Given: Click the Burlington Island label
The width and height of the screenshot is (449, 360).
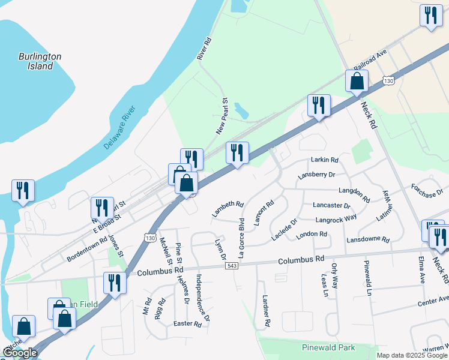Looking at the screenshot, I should [40, 61].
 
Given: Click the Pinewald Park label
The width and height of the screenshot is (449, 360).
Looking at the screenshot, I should [328, 347].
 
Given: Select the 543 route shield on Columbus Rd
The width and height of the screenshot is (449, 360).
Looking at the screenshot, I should [232, 266].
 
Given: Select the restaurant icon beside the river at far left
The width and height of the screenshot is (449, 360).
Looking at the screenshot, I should [23, 190].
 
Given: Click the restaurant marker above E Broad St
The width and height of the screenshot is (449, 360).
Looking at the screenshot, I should [102, 208].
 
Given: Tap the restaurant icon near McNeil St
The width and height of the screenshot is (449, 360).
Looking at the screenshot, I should [115, 283].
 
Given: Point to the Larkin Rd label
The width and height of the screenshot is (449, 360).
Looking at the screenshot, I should [325, 160].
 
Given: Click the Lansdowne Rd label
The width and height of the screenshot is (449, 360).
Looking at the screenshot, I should [368, 240].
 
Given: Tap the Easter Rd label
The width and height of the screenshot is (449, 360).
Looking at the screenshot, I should [187, 324].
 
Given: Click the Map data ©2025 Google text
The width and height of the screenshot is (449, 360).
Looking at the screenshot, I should [412, 355].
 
